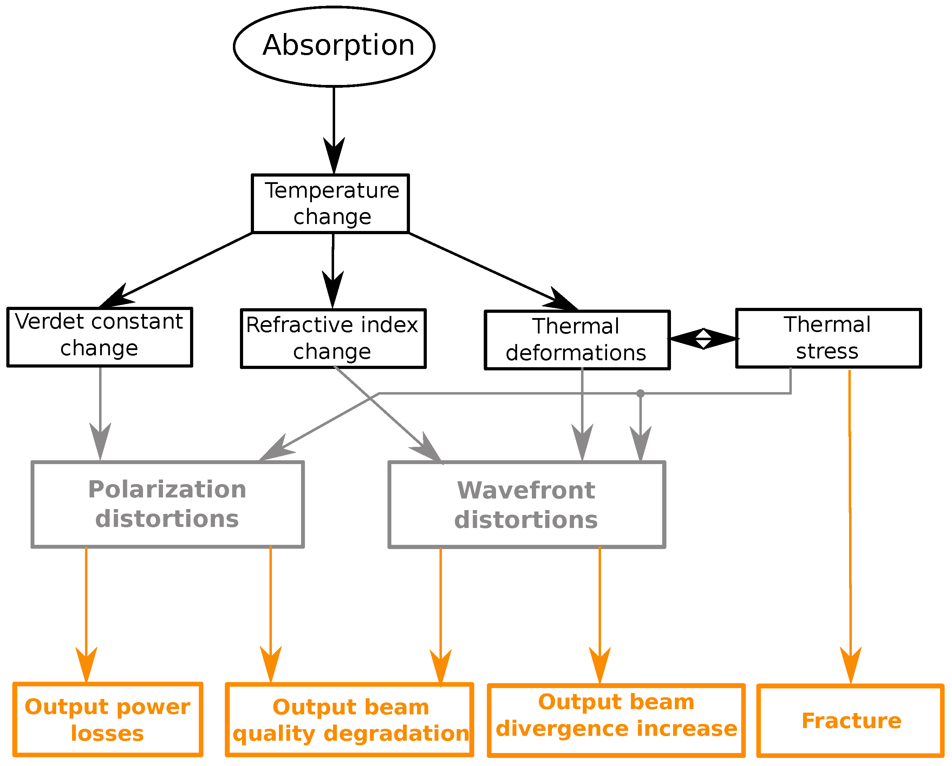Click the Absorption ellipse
pos(334,46)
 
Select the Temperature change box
pos(330,203)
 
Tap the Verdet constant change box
pos(100,337)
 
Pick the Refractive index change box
pos(333,338)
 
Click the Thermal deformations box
pos(577,340)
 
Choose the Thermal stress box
pos(828,338)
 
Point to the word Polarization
pos(167,489)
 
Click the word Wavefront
pos(526,490)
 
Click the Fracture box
pos(850,721)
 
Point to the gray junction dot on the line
pos(640,393)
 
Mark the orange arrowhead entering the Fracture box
pos(850,666)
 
